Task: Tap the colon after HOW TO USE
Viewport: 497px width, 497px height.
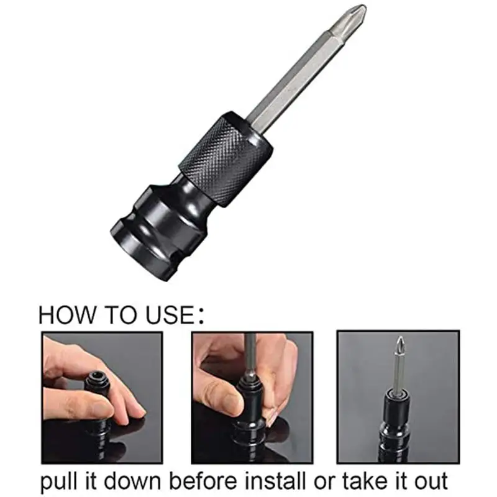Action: point(200,315)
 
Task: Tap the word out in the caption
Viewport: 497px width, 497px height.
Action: point(434,480)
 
